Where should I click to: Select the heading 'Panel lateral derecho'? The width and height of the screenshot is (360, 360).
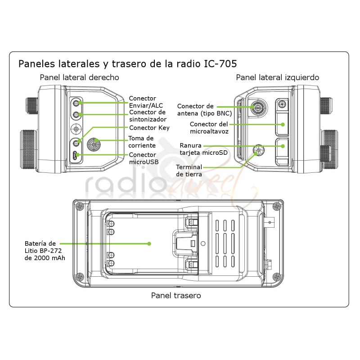click(x=79, y=77)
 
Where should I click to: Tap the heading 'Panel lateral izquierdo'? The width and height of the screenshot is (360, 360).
click(x=278, y=77)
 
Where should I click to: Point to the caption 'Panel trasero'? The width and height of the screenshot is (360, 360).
click(x=176, y=296)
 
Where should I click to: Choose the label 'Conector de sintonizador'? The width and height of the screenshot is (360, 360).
click(x=147, y=116)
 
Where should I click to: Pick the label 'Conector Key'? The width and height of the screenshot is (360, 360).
click(x=149, y=128)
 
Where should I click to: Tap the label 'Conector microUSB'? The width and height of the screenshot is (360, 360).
click(x=143, y=158)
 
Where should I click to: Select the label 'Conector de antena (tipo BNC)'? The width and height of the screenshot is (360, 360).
click(x=198, y=109)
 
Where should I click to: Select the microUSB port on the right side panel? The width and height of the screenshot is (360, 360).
click(x=76, y=156)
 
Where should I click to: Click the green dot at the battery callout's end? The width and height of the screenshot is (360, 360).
click(x=149, y=243)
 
